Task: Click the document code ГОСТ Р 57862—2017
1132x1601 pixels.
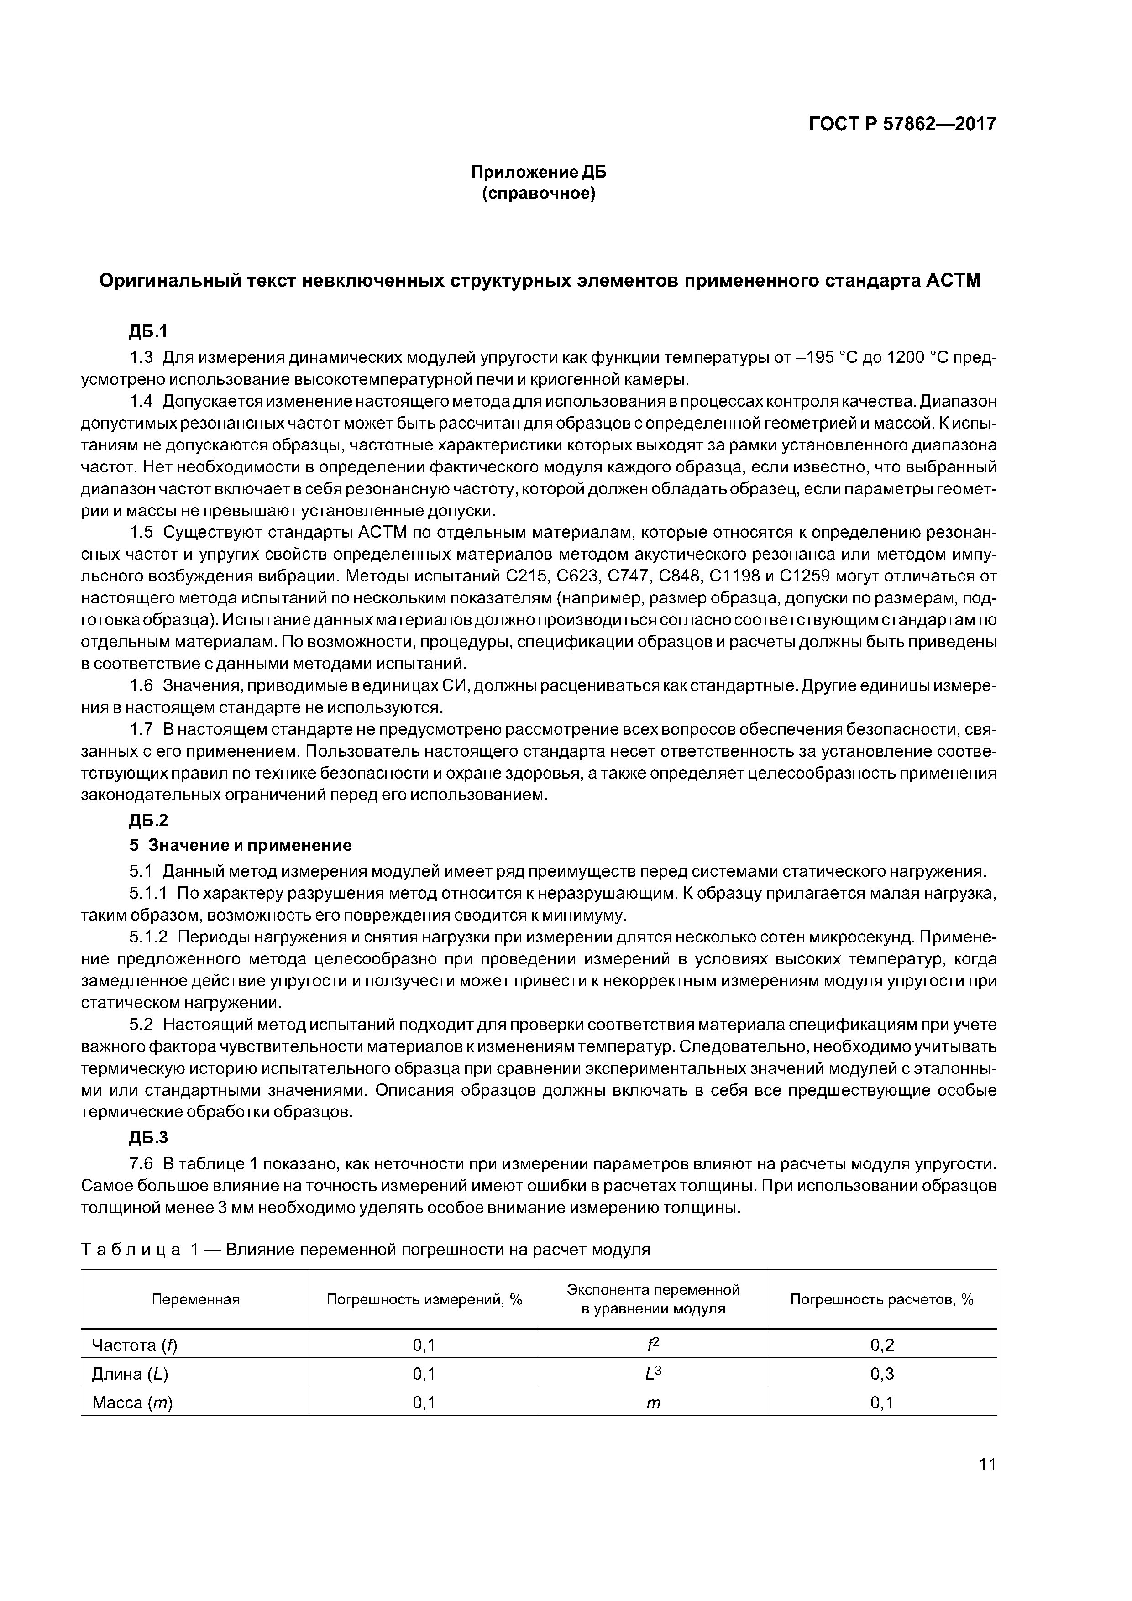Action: [x=902, y=124]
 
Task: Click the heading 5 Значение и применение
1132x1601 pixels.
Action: [x=241, y=846]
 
